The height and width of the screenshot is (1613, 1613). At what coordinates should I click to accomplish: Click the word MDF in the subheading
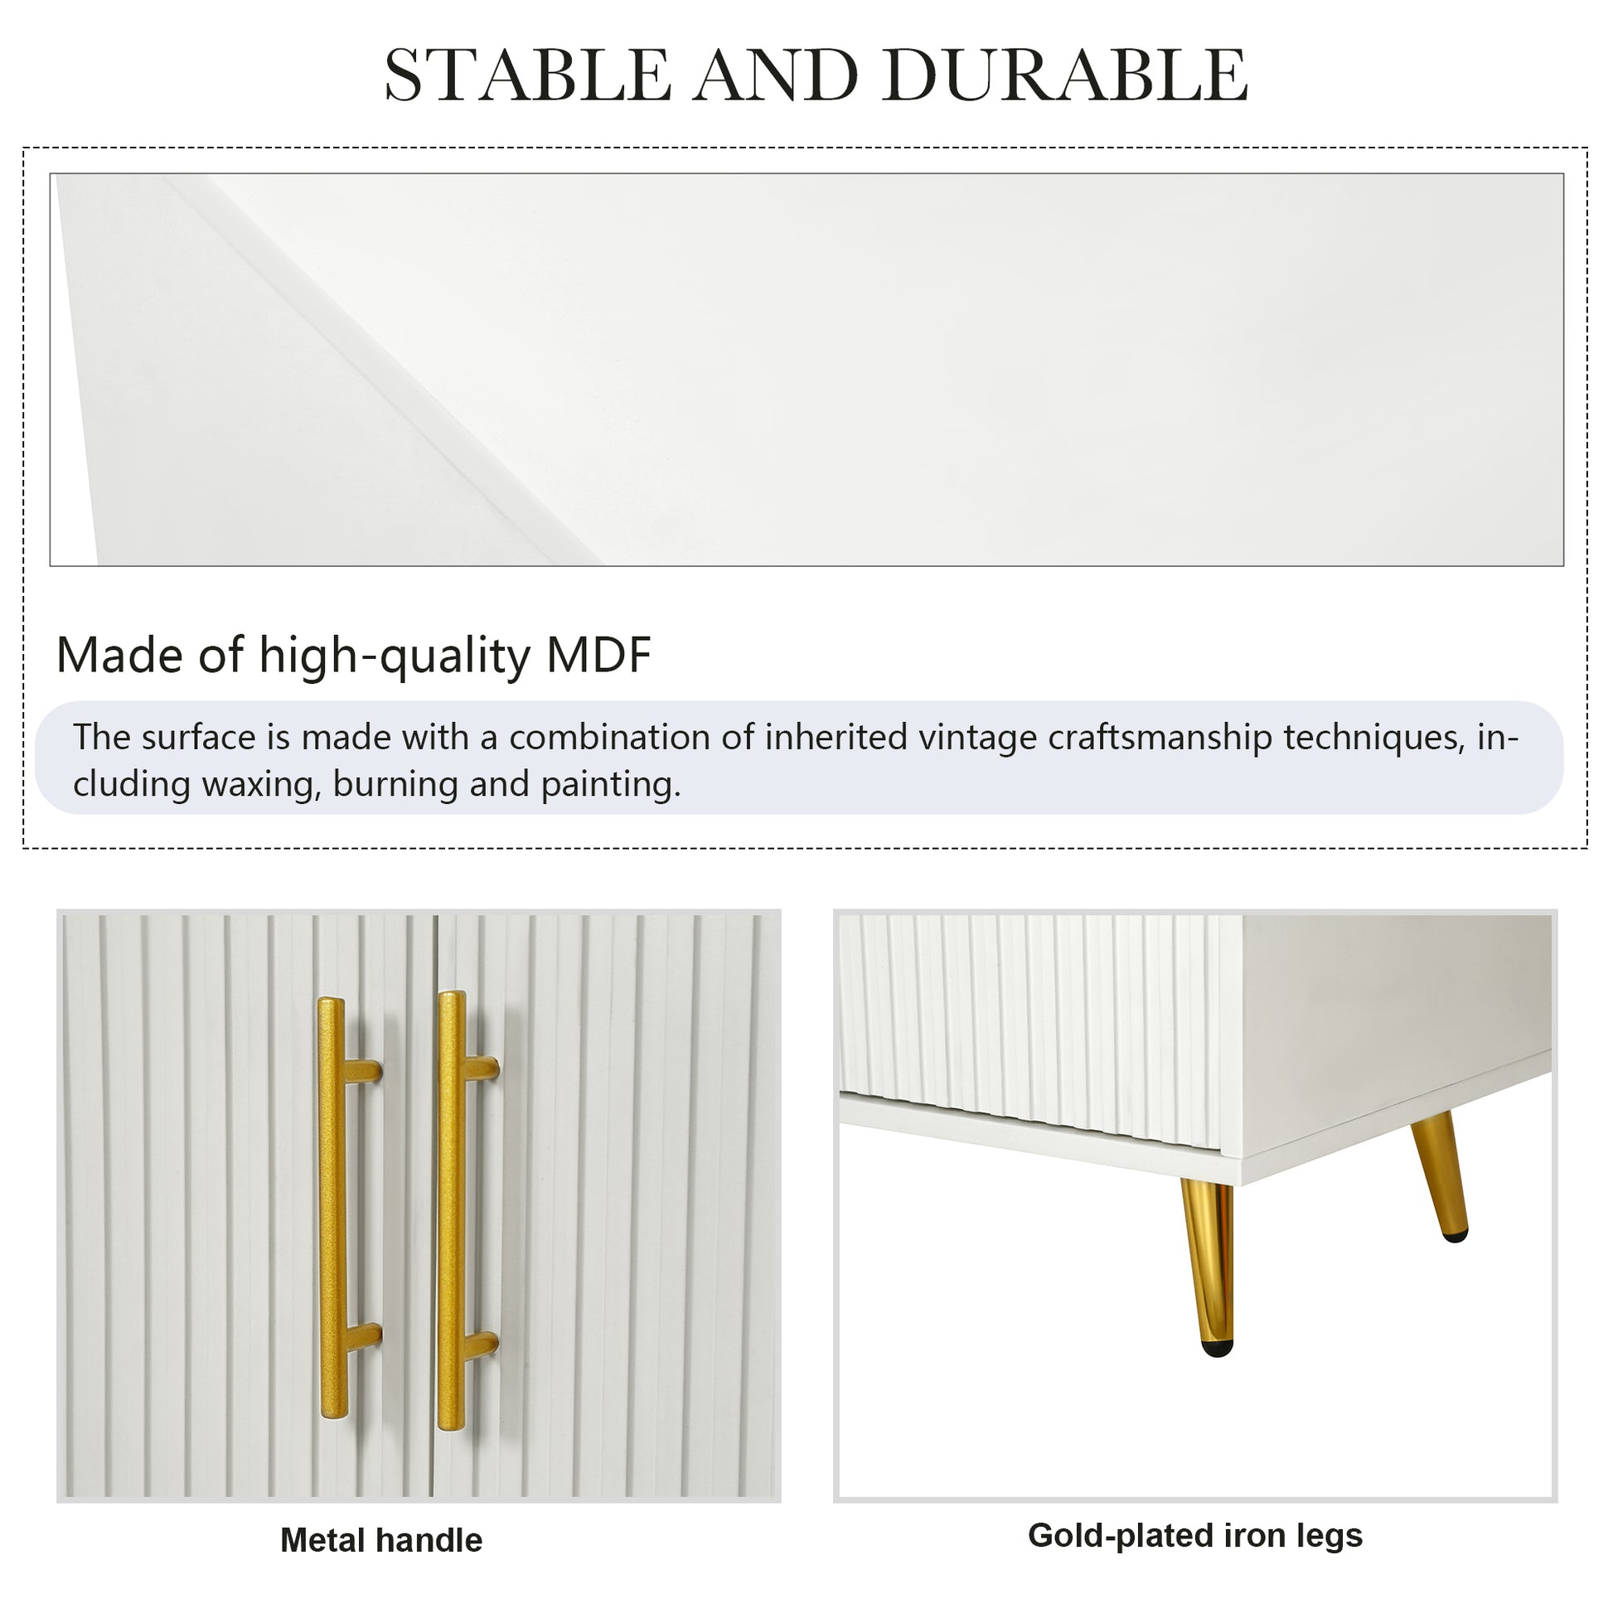598,655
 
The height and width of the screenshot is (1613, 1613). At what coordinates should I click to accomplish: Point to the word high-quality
394,656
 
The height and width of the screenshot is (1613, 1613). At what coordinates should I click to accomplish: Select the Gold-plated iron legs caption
1195,1535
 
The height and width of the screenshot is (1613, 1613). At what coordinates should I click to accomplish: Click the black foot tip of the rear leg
1456,1234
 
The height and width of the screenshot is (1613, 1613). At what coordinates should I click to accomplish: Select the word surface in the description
196,738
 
